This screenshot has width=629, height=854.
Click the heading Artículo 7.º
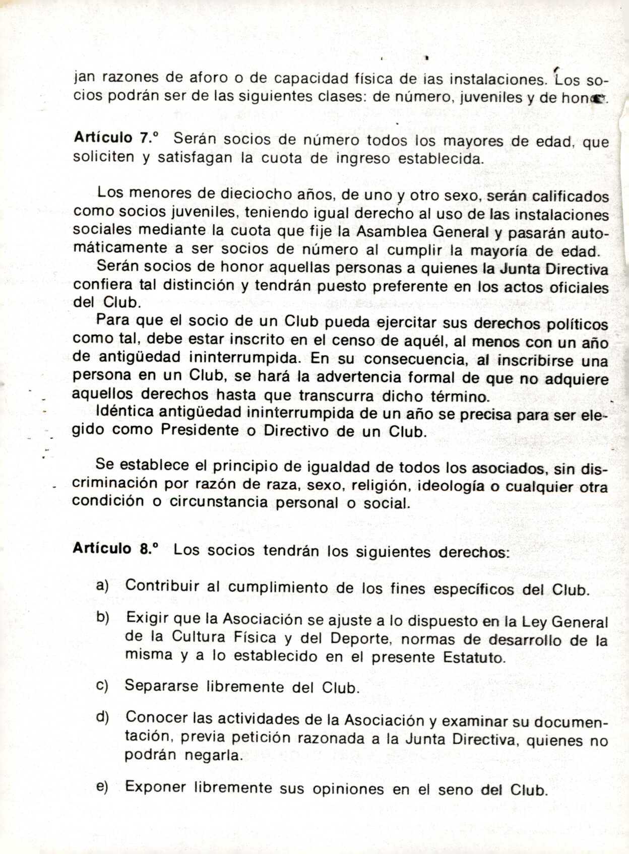point(116,138)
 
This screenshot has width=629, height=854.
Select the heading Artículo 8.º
point(115,549)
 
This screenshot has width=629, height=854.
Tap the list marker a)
point(103,585)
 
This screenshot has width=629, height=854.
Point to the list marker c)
point(102,686)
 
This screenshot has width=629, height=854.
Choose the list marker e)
point(102,787)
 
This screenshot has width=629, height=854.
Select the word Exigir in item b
point(148,618)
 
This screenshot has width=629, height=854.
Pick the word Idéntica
point(125,412)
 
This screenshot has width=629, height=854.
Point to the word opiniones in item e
point(348,789)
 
